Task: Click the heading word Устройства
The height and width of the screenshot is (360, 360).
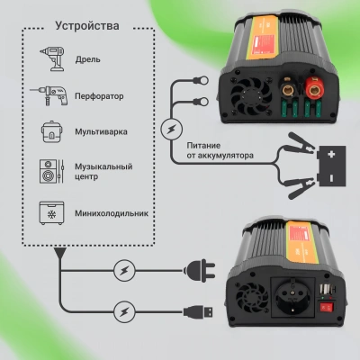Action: tap(86, 25)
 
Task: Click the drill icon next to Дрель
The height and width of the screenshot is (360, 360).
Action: tap(50, 58)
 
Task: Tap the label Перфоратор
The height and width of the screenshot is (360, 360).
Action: tap(98, 94)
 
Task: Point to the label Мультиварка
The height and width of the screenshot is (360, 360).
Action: tap(100, 130)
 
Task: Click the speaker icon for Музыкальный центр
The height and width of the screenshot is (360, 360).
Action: tap(50, 172)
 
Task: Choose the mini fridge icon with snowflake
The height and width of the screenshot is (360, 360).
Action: tap(50, 212)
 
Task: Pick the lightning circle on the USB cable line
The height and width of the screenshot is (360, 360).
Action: tap(125, 311)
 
